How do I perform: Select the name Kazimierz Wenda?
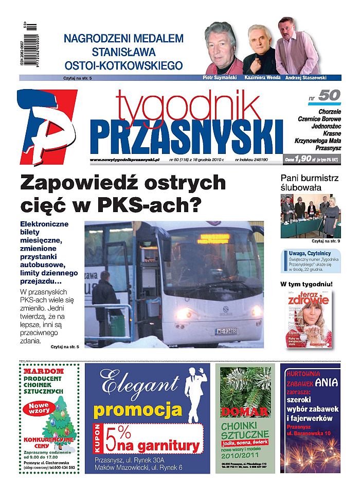261,78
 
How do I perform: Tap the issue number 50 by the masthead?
329,96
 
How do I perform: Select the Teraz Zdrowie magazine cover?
310,319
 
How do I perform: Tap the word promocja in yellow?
138,410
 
